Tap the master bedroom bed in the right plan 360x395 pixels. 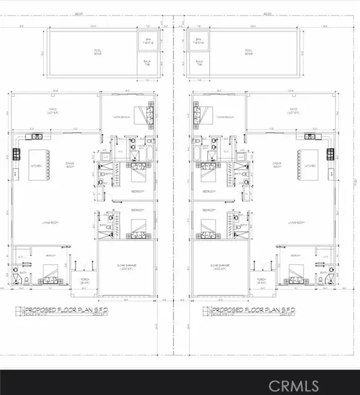205,114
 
